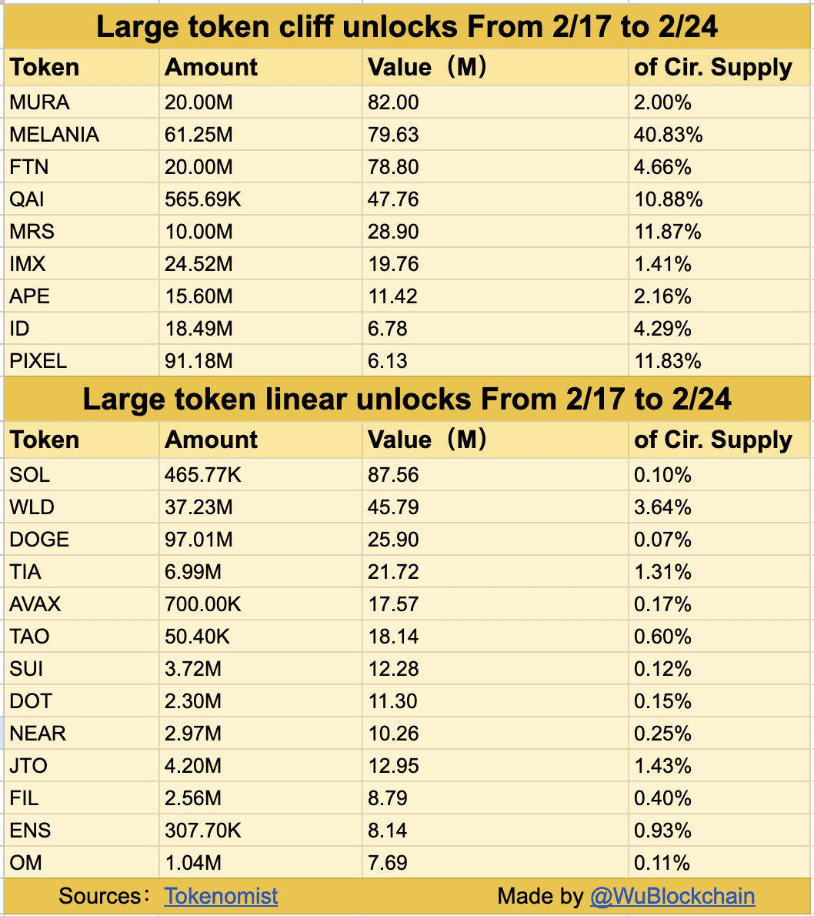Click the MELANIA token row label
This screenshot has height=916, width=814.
tap(54, 135)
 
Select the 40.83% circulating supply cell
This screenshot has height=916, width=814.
tap(668, 135)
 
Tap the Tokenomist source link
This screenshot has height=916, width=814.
tap(221, 896)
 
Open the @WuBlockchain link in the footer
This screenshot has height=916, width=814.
tap(672, 896)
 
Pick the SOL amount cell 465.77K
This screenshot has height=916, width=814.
tap(202, 475)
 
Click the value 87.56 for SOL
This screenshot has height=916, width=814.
tap(393, 475)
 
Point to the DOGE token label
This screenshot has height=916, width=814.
tap(39, 540)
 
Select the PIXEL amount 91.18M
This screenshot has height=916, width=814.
tap(198, 361)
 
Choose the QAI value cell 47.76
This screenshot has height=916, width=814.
tap(393, 199)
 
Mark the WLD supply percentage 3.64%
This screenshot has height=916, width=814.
tap(662, 507)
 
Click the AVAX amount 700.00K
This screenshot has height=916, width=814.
tap(202, 604)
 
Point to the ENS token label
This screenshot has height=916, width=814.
tap(30, 831)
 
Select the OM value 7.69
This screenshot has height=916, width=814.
tap(388, 863)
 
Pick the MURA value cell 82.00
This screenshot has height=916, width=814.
tap(393, 102)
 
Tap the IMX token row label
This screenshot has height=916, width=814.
tap(28, 264)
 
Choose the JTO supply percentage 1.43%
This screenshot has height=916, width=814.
tap(662, 766)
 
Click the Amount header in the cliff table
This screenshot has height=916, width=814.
tap(212, 68)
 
